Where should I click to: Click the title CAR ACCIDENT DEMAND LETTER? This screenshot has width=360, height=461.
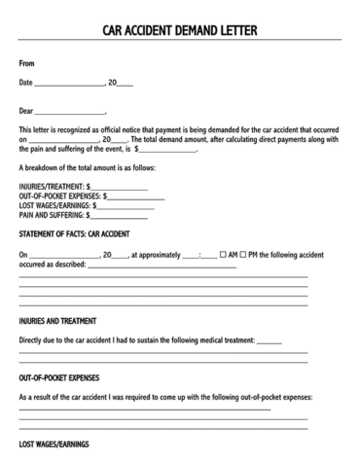180,30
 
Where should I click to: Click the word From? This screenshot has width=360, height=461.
27,63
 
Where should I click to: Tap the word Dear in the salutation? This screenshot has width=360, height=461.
26,110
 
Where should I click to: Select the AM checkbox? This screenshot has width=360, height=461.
223,255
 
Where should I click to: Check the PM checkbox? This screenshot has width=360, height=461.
243,255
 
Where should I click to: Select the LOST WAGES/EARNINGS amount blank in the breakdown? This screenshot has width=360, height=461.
126,206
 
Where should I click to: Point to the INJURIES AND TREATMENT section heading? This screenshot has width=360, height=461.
57,320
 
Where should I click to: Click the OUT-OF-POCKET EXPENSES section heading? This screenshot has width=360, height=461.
58,377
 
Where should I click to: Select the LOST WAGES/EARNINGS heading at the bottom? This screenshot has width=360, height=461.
54,443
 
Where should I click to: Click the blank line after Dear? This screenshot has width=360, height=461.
70,113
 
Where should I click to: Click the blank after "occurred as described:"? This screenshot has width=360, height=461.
162,266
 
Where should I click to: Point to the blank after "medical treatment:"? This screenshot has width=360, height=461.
270,342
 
